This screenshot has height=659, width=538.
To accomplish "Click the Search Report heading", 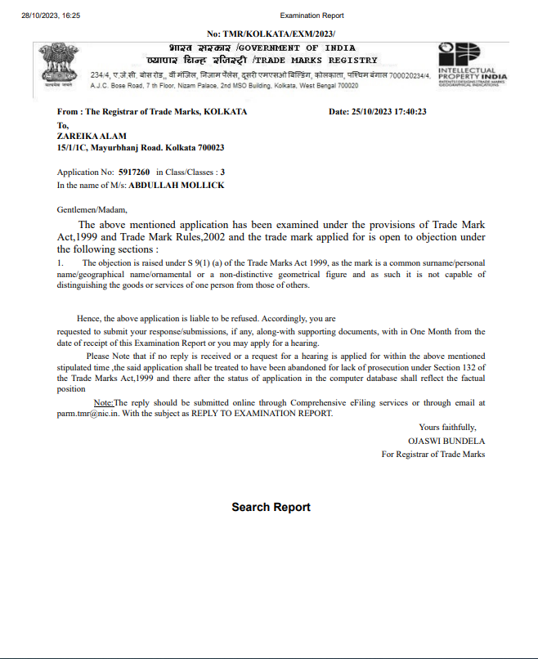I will [x=271, y=507].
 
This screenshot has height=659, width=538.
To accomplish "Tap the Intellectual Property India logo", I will [x=472, y=65].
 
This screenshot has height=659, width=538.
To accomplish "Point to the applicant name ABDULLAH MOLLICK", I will [x=176, y=185].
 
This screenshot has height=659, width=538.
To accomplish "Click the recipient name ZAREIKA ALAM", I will [x=92, y=137].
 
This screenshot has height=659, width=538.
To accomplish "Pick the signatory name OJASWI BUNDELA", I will [x=446, y=440].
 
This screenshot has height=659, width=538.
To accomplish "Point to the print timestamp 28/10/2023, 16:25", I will [x=51, y=16].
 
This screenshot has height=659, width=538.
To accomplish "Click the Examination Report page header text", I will [x=312, y=16].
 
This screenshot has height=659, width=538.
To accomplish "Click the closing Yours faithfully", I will [x=447, y=427].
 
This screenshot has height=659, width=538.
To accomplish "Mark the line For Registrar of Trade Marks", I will [x=433, y=453].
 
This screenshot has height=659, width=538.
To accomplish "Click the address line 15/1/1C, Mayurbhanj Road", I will [x=140, y=147].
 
